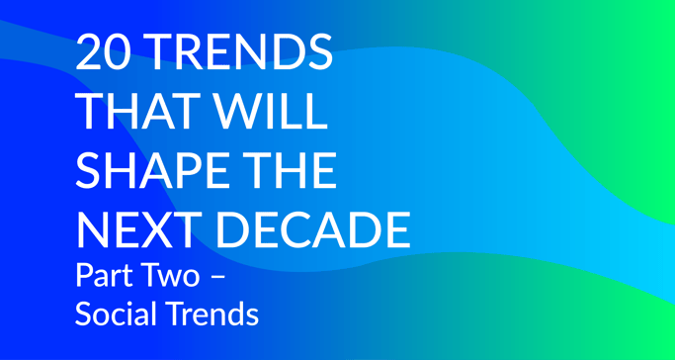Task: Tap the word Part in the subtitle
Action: (x=100, y=274)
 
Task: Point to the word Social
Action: (x=111, y=315)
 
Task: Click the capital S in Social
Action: (x=84, y=315)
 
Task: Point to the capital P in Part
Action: (x=83, y=274)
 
